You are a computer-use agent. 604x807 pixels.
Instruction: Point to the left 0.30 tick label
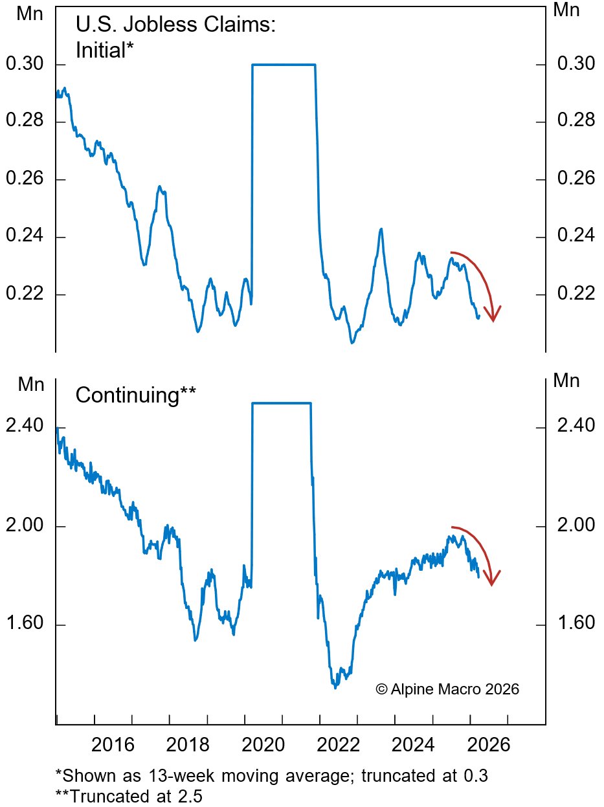coord(23,65)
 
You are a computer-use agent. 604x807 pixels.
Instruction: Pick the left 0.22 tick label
coord(23,294)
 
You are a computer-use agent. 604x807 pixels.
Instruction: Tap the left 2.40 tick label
coord(23,426)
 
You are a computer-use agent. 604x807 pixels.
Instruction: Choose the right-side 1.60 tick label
coord(574,625)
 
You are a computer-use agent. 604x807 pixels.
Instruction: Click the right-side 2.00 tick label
coord(574,525)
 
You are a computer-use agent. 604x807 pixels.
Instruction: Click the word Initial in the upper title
coord(101,50)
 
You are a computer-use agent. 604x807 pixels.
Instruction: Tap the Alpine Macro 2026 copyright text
coord(447,689)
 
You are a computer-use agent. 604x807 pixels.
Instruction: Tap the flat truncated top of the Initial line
coord(284,65)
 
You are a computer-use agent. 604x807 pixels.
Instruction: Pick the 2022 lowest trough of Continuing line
coord(335,687)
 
